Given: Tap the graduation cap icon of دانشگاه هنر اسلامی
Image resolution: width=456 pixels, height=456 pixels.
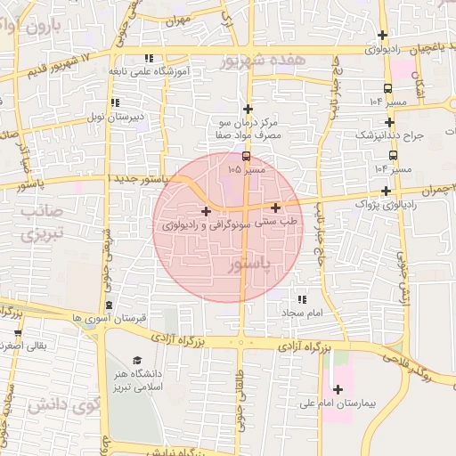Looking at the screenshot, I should pos(137,360).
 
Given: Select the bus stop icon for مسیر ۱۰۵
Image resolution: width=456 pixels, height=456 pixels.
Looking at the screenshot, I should pos(247,156).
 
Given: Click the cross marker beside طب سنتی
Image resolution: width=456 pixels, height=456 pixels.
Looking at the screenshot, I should pos(276,208).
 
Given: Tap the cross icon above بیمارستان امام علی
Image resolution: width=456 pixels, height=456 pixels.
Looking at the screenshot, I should pos(338,389).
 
